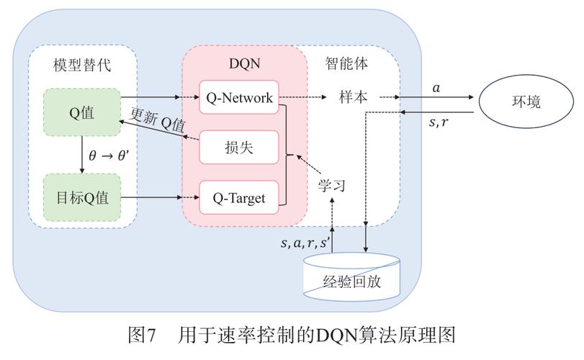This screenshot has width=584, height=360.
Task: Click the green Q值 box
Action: tap(81, 111)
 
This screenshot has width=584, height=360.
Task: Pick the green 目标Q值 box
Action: tap(81, 197)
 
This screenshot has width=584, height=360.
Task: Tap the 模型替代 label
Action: tap(82, 65)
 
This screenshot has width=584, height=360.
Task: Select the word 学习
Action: tap(332, 185)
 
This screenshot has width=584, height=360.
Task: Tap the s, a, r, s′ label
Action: tap(306, 243)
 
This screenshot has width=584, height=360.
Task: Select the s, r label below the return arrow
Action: tap(439, 122)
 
